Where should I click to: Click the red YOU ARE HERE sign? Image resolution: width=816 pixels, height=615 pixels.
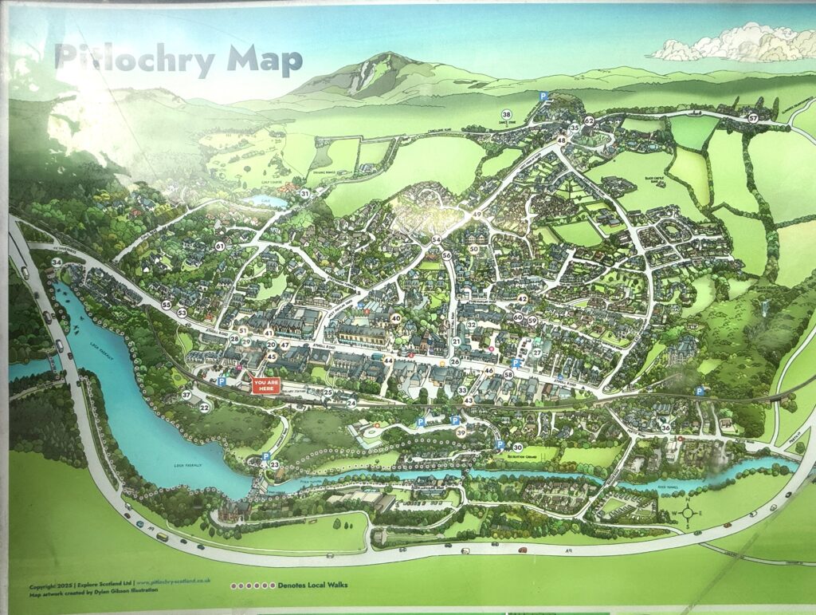265,385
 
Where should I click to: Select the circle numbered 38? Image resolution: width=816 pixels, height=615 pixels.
506,115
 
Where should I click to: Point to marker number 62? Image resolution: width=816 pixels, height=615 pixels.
589,121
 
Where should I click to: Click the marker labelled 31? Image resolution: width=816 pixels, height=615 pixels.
304,194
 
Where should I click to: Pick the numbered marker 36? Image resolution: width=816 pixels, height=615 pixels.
665,428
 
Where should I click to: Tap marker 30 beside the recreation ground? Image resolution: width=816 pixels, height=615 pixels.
517,447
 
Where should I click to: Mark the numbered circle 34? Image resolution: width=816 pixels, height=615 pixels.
57,262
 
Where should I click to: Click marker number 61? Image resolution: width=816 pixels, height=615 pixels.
219,246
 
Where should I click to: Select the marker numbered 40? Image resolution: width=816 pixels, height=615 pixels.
395,317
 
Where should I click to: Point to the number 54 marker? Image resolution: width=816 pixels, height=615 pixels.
436,240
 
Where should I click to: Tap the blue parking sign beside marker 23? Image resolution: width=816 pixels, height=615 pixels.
265,456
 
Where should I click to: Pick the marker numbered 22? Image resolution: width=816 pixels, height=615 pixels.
204,408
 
